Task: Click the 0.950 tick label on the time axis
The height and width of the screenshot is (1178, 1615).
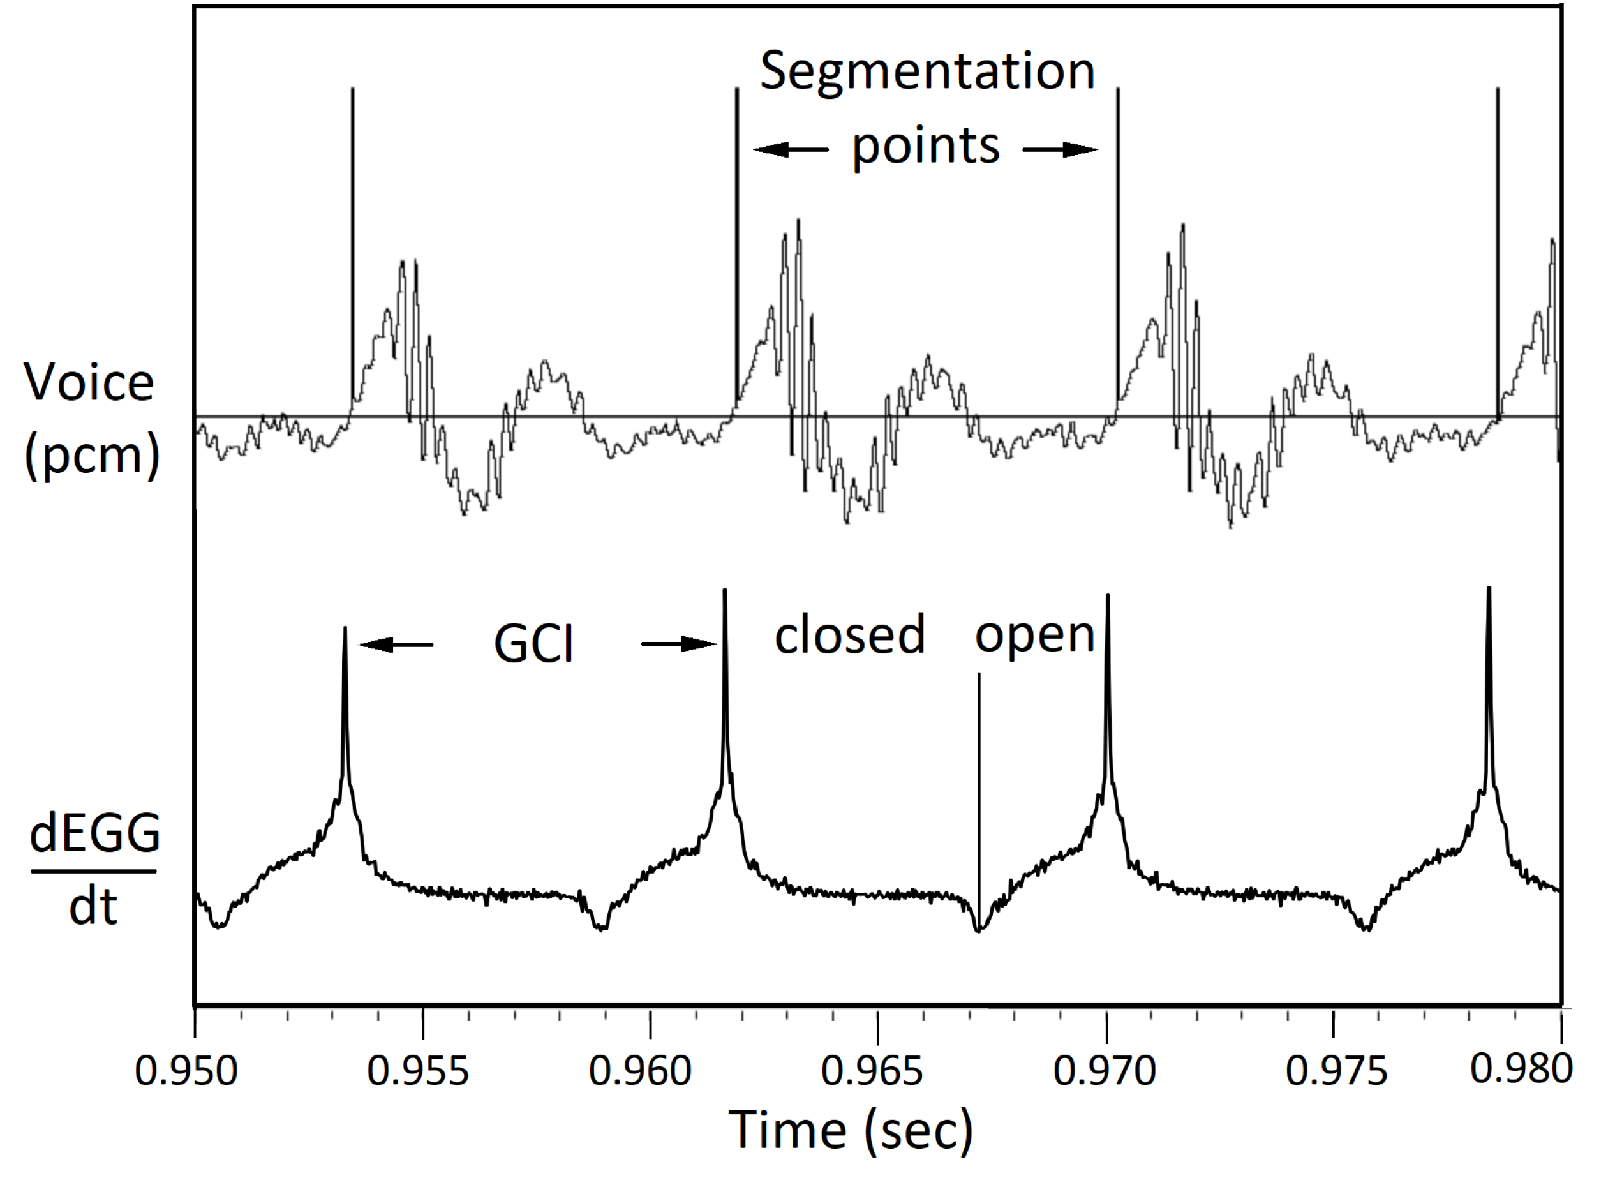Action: (x=186, y=1070)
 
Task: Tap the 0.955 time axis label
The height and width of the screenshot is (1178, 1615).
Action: (x=418, y=1070)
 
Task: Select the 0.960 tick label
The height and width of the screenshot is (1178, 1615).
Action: (x=639, y=1070)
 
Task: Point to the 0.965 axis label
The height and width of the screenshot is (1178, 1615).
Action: (x=872, y=1070)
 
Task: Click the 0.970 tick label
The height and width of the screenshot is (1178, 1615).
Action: (x=1105, y=1070)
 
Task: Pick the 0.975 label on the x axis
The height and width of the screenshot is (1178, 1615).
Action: (x=1336, y=1070)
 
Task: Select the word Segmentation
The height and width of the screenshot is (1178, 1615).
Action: (x=927, y=71)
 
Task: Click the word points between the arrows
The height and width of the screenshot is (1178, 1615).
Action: (x=925, y=147)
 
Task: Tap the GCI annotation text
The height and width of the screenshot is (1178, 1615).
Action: (x=533, y=644)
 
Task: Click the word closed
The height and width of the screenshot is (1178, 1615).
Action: (x=849, y=635)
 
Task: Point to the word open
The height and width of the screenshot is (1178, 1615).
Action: (x=1034, y=635)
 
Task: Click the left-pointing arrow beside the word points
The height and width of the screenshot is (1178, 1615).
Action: (x=790, y=149)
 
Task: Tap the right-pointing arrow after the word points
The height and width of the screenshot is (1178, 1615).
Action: (x=1061, y=149)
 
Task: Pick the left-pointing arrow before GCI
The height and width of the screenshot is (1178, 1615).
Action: (x=395, y=645)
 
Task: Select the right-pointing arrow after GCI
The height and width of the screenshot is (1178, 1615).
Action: (x=679, y=645)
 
